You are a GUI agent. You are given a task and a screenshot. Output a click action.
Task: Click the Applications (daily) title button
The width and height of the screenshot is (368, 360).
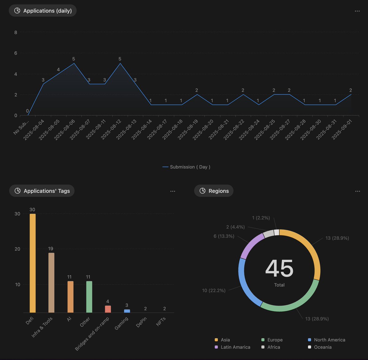pos(43,11)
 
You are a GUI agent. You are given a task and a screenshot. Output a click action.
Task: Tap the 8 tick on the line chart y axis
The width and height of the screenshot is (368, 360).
pos(16,32)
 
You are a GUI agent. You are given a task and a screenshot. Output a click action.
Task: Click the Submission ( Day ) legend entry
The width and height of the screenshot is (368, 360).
pos(186,167)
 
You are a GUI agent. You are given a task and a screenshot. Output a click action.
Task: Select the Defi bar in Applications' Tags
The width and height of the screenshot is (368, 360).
pos(33,263)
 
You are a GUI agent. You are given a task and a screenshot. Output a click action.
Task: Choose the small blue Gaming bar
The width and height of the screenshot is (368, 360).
pos(127,311)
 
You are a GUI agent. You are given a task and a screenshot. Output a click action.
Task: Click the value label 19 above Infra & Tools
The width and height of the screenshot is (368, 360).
pos(51,249)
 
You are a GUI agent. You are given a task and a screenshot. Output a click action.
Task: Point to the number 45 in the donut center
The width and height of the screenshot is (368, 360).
pos(279,269)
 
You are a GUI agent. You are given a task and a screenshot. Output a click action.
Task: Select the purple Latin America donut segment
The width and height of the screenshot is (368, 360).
pos(251,246)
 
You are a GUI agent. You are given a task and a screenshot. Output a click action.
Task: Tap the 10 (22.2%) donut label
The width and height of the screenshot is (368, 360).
pos(214,290)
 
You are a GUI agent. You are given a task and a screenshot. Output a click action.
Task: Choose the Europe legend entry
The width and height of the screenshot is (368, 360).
pos(275,340)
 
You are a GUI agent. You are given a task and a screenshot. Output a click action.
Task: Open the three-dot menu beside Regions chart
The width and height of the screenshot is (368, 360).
pos(358,191)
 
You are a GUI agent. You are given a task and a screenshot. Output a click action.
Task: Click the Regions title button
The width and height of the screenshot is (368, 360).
pos(214,191)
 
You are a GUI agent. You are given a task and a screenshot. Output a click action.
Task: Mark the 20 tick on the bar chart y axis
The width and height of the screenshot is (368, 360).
pos(17,249)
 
